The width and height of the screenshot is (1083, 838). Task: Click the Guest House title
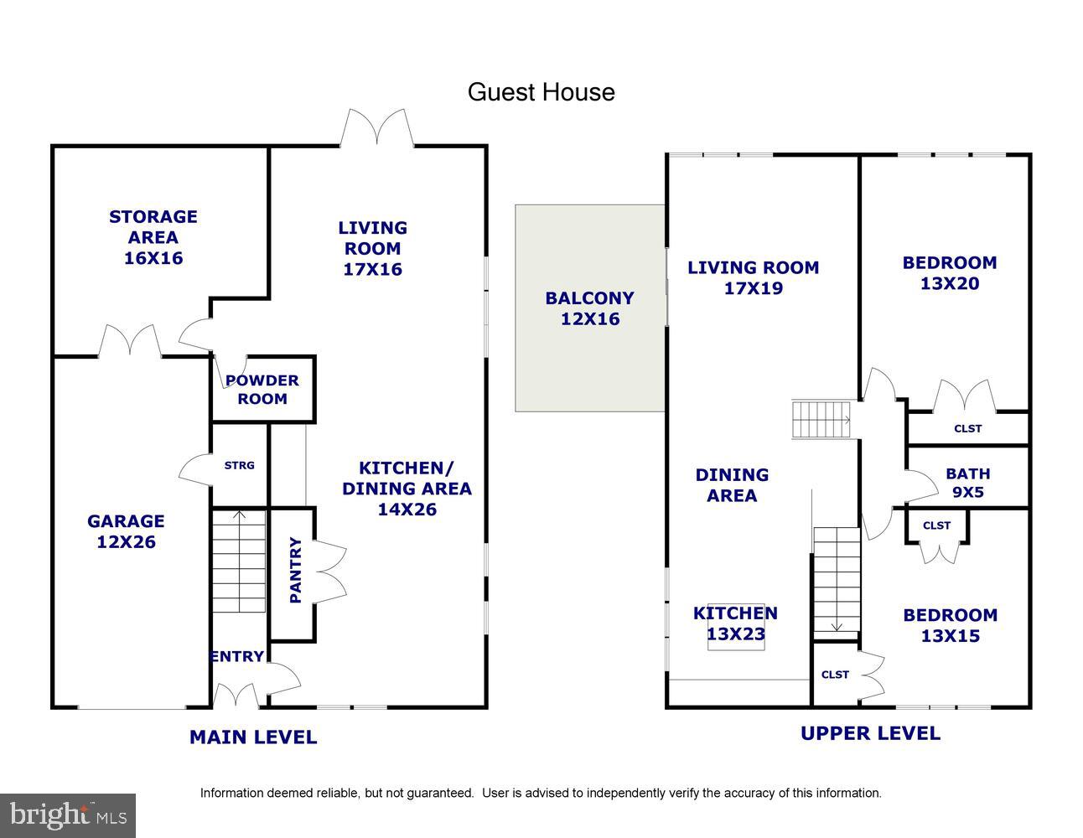pyautogui.click(x=541, y=92)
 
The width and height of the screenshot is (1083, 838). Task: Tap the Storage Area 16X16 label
pyautogui.click(x=153, y=237)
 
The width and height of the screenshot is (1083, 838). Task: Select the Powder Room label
pyautogui.click(x=262, y=390)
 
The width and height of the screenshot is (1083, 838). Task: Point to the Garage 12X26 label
pyautogui.click(x=126, y=531)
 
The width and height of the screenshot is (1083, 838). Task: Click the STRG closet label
pyautogui.click(x=240, y=465)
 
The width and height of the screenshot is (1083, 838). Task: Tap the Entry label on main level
pyautogui.click(x=237, y=657)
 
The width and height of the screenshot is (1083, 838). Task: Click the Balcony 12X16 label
pyautogui.click(x=589, y=308)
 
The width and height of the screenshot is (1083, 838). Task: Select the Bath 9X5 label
pyautogui.click(x=967, y=484)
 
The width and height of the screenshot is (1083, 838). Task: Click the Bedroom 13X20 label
pyautogui.click(x=950, y=273)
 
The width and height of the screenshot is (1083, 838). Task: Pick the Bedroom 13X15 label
pyautogui.click(x=950, y=625)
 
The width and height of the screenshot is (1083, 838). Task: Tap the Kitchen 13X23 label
pyautogui.click(x=735, y=623)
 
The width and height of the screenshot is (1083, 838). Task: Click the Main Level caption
pyautogui.click(x=253, y=737)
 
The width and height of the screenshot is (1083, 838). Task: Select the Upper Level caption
pyautogui.click(x=870, y=733)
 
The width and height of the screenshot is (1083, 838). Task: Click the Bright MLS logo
pyautogui.click(x=67, y=815)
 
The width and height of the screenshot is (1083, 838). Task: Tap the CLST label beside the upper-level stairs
pyautogui.click(x=835, y=675)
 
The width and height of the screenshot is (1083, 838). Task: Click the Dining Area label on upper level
pyautogui.click(x=732, y=485)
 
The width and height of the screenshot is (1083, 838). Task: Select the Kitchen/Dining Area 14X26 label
pyautogui.click(x=407, y=489)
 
